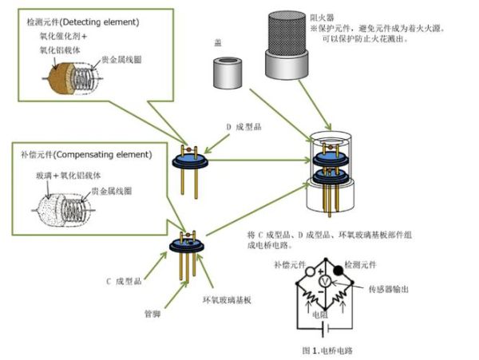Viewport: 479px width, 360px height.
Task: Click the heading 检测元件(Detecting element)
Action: coord(74,17)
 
